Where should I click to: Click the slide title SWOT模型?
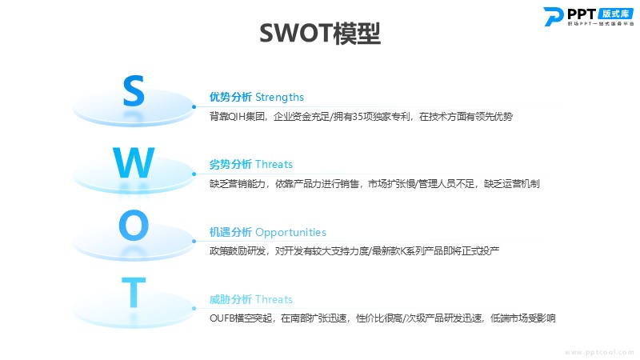click(x=320, y=34)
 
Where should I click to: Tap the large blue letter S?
click(x=134, y=91)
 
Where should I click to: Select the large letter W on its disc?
click(x=134, y=162)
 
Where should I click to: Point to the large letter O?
click(x=134, y=225)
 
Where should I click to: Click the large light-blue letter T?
click(x=134, y=292)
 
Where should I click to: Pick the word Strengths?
click(x=279, y=97)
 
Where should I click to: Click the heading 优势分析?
click(x=230, y=97)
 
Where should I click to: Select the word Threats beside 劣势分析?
click(x=274, y=164)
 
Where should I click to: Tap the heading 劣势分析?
click(x=230, y=164)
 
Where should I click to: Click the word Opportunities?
click(x=290, y=233)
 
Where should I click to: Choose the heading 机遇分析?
click(x=230, y=232)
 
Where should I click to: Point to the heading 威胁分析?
click(x=230, y=299)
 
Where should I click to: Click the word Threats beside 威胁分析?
click(x=274, y=299)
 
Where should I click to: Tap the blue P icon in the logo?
click(x=553, y=17)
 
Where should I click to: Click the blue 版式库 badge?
click(x=615, y=14)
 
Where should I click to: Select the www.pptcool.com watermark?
click(x=599, y=352)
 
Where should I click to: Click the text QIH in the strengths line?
click(x=236, y=117)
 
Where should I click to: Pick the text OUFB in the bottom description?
click(x=222, y=318)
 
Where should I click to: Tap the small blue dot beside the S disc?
click(x=194, y=107)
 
